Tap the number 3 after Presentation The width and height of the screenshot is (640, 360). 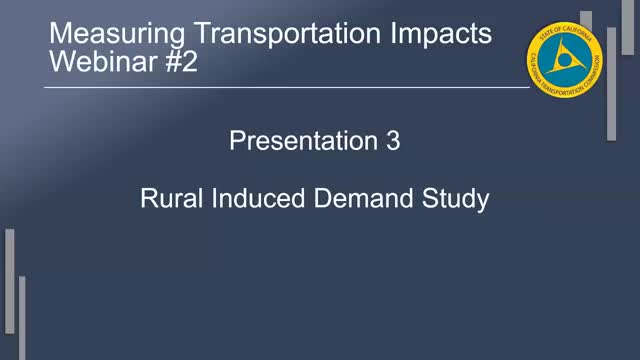click(393, 142)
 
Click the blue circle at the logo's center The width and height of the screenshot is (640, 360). click(564, 61)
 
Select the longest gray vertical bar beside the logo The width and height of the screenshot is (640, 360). click(611, 85)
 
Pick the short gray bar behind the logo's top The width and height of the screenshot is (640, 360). click(586, 20)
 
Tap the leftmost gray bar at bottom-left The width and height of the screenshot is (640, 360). click(10, 290)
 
